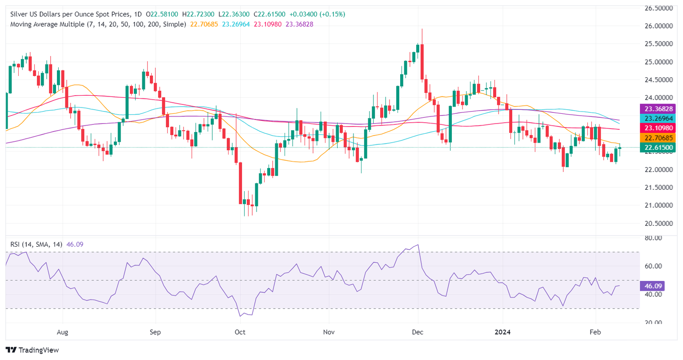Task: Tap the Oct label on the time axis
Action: [x=240, y=332]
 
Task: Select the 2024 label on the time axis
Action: [x=503, y=332]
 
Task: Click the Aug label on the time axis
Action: [x=63, y=332]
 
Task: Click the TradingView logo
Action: [x=32, y=350]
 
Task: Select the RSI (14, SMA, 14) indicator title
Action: [x=37, y=244]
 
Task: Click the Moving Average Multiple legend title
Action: [x=98, y=24]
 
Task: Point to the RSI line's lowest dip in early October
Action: [x=240, y=316]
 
